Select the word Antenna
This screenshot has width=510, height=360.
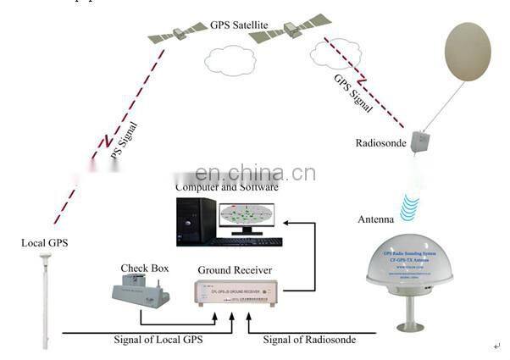pos(373,219)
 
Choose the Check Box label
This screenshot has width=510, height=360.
pos(145,269)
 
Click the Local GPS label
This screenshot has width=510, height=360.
pos(44,245)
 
